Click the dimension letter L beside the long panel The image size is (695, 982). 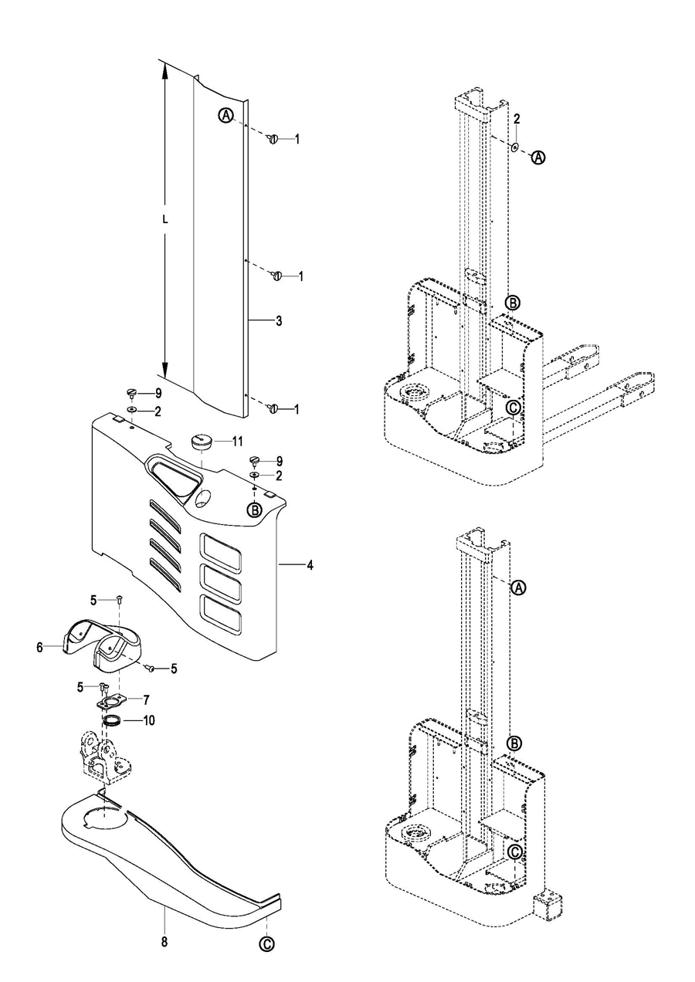165,221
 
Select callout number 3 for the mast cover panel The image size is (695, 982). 279,321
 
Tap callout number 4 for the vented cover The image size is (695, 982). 310,566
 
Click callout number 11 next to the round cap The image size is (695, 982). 237,441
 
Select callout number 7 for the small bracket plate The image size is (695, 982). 147,700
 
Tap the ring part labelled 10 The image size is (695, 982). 111,721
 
